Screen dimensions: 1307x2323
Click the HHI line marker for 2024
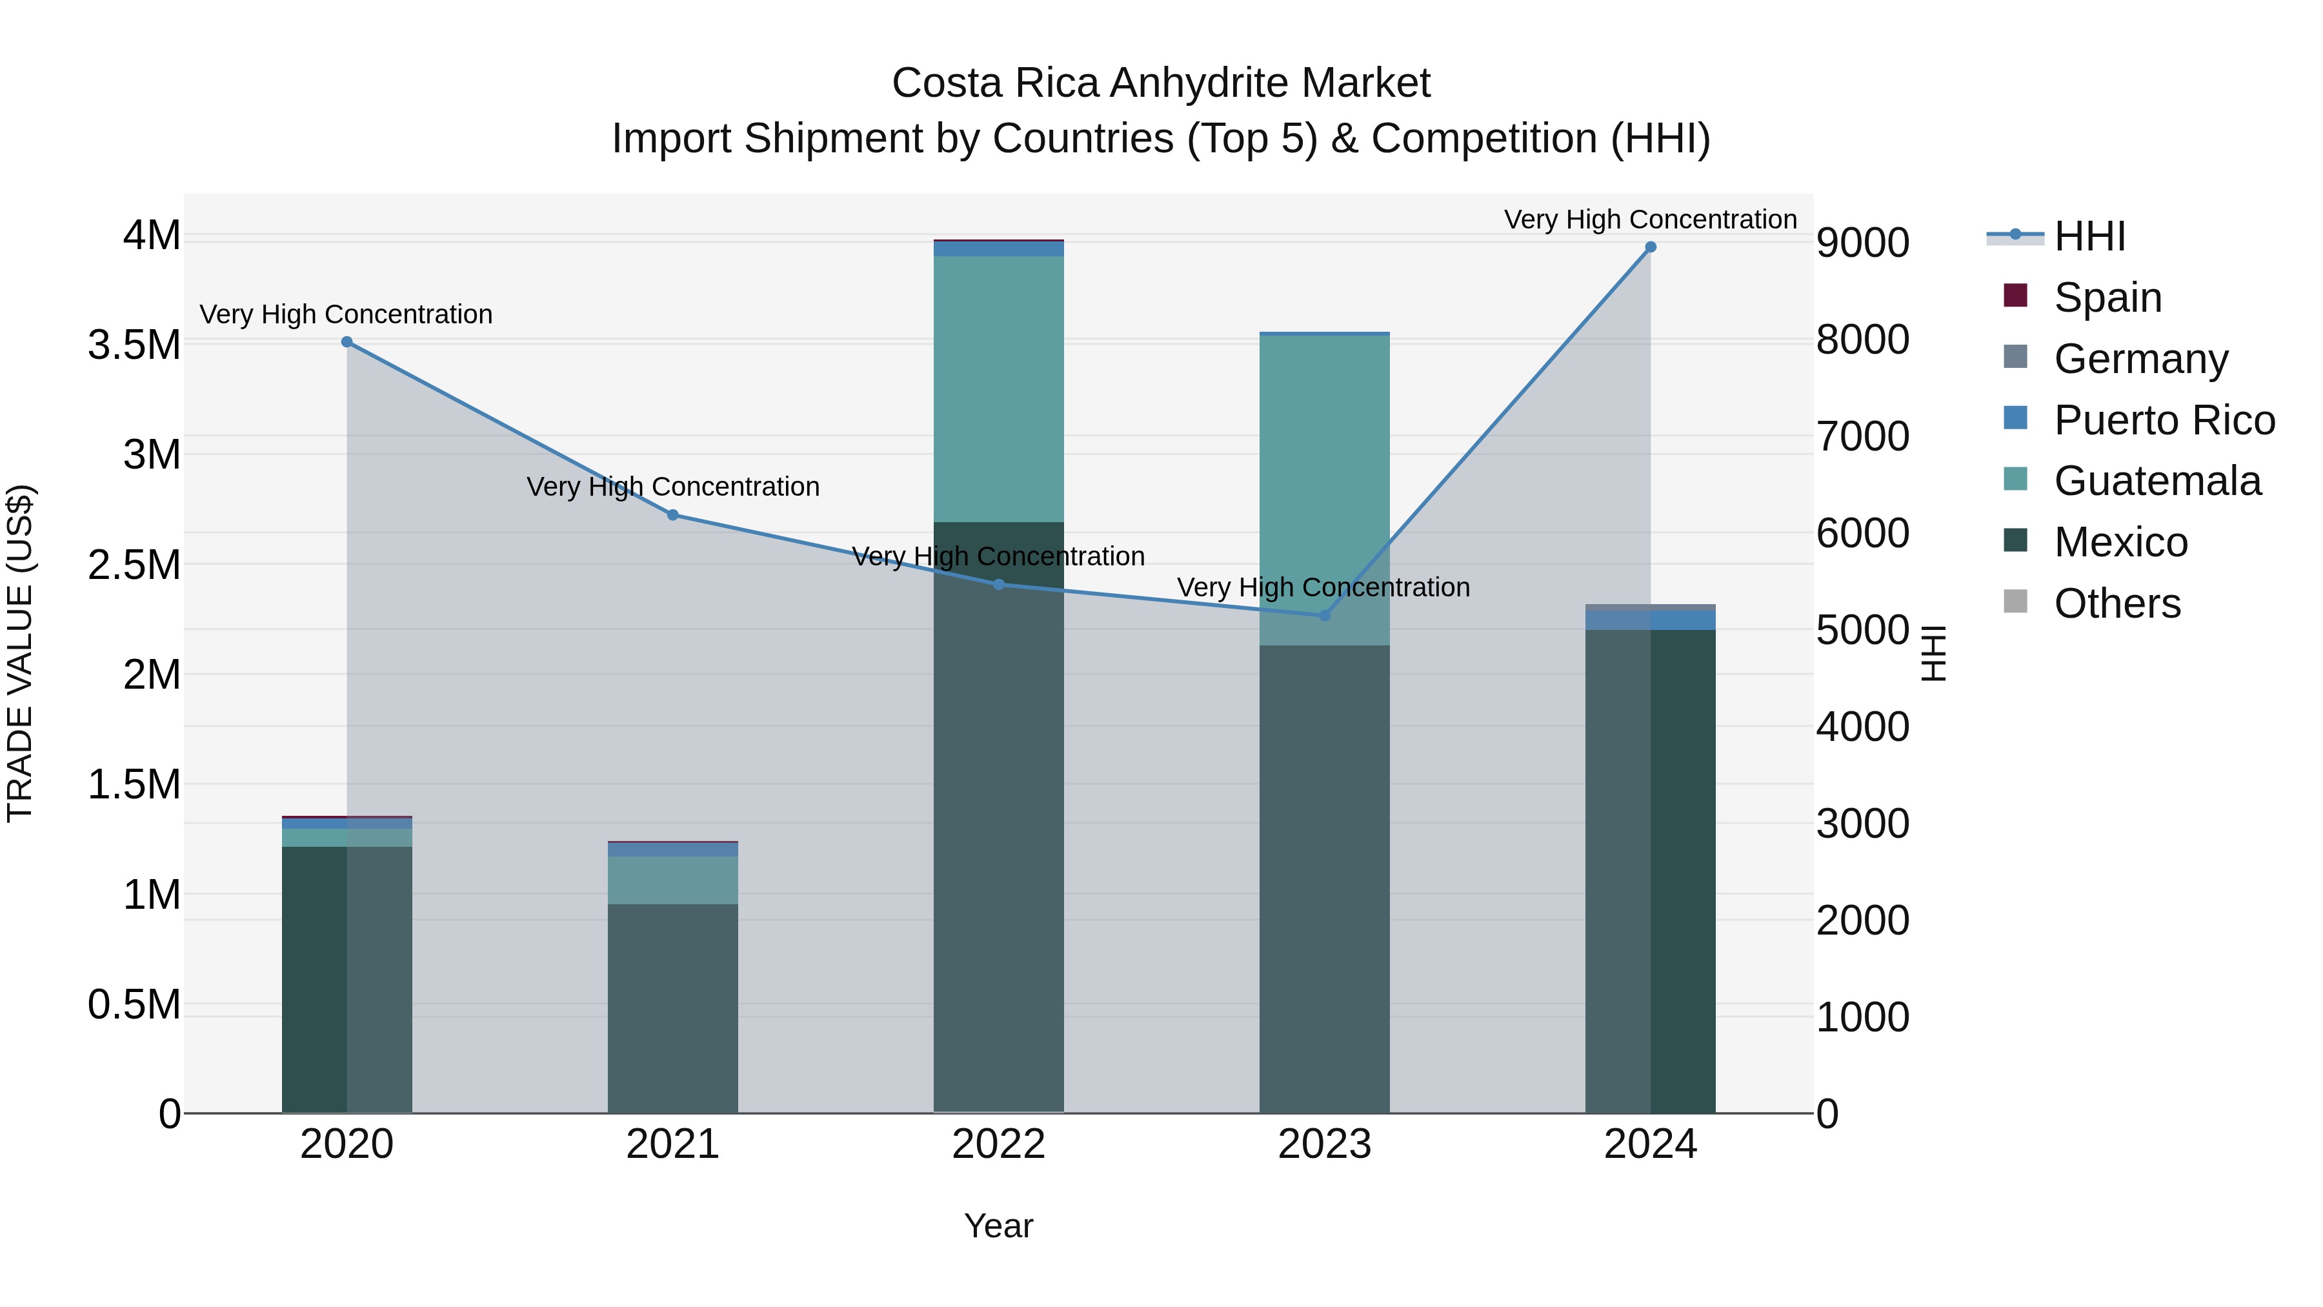click(1650, 247)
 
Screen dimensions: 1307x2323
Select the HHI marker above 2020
click(347, 342)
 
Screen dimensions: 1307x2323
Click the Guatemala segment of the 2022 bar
click(998, 388)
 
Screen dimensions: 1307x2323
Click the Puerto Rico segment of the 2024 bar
click(1650, 620)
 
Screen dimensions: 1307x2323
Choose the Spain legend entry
click(2107, 298)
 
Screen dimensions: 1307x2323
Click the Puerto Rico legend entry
click(2164, 420)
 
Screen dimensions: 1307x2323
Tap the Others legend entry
click(2117, 603)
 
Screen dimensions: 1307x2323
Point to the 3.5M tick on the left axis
click(134, 345)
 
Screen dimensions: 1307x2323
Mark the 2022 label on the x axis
click(998, 1144)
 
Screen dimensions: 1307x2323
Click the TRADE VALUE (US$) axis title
click(20, 653)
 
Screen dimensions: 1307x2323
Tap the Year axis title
click(998, 1226)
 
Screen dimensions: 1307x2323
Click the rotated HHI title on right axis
click(1933, 653)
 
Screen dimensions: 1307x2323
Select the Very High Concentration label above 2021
click(673, 487)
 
